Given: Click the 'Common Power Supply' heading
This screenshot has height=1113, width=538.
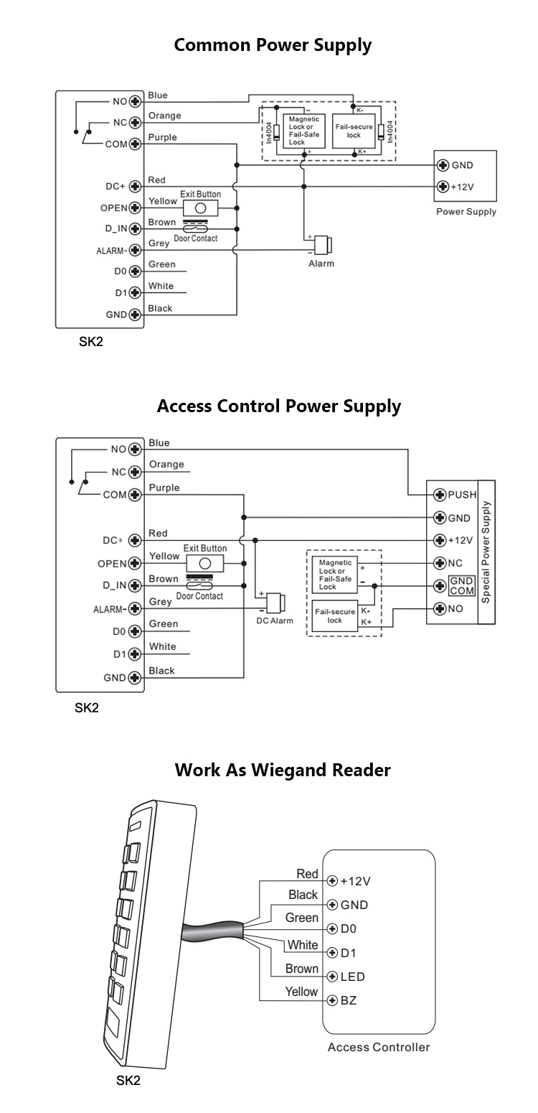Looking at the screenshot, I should click(273, 45).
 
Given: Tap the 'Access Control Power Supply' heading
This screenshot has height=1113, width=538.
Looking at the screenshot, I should click(278, 406).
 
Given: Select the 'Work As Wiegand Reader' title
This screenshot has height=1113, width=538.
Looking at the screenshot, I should click(283, 770).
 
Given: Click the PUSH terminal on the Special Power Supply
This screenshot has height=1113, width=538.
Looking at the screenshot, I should click(440, 495).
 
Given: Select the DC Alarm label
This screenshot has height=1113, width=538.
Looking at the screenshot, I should click(275, 620).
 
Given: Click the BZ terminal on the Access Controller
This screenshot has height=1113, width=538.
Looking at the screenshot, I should click(332, 1000).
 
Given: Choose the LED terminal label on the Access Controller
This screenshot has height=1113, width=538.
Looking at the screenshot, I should click(352, 977).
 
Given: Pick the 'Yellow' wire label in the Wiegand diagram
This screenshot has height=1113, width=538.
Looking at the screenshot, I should click(301, 992).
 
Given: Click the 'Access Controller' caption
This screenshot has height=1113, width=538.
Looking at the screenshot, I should click(379, 1047).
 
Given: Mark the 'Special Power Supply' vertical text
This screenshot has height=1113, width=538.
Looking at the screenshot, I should click(486, 551).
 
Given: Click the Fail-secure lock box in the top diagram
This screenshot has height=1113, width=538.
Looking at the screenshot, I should click(354, 131).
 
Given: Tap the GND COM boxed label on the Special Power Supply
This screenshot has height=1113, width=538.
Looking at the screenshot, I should click(461, 585).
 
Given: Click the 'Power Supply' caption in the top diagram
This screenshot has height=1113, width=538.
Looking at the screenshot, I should click(466, 212).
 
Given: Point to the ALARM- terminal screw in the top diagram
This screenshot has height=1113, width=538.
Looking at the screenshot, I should click(133, 251).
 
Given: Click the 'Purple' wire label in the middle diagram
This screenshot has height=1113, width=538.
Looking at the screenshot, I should click(164, 488).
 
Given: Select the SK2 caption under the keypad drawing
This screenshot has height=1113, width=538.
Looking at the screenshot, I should click(128, 1081).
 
